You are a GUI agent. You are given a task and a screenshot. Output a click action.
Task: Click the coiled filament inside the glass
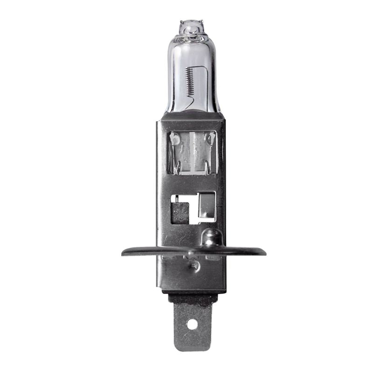(x=189, y=80)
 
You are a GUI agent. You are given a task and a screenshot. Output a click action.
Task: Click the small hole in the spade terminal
(x=193, y=323)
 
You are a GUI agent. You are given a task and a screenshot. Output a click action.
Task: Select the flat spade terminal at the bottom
(x=193, y=326)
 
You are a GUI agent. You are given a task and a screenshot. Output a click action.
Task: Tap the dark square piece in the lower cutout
(x=180, y=212)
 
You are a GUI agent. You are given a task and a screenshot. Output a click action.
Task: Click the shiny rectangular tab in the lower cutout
(x=206, y=205)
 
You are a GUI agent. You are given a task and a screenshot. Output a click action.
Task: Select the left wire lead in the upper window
(x=176, y=154)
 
